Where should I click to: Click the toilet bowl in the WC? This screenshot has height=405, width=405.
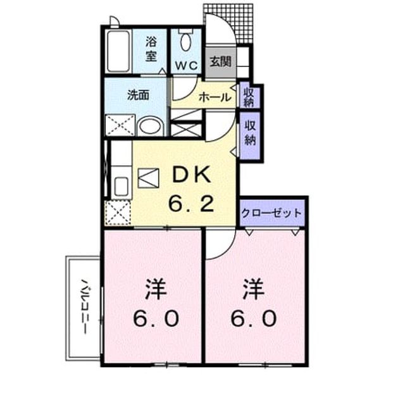coord(185,42)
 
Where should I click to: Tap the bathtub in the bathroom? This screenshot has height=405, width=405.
coord(118,51)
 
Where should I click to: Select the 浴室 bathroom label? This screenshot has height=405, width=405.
coord(151,49)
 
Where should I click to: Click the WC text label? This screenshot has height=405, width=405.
coord(187,66)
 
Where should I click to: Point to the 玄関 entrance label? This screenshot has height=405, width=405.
coord(220,62)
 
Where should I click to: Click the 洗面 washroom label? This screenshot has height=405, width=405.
coord(138,95)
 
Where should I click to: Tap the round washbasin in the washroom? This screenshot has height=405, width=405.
coord(150,127)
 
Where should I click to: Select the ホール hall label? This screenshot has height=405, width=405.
coord(215,97)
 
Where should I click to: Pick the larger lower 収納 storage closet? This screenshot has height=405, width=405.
coord(250,135)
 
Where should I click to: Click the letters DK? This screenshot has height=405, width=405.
coord(191,175)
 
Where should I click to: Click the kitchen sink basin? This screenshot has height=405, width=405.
coord(121,186)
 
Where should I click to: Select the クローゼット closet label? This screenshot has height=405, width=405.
coord(271,213)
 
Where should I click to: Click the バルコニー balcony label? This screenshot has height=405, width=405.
coord(84,306)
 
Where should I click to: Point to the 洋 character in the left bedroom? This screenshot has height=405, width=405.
coord(156,289)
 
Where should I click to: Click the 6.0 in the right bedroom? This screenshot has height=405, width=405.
coord(253,318)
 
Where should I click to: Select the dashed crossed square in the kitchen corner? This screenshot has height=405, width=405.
coord(118,213)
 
